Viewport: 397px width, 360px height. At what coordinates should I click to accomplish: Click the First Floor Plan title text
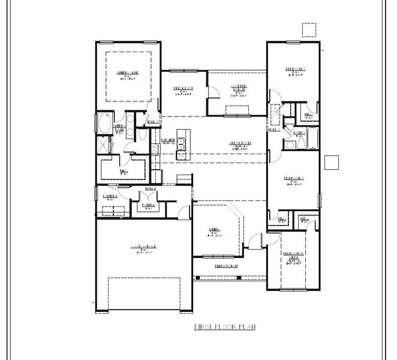224,326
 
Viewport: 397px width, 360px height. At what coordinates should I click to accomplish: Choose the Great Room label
239,145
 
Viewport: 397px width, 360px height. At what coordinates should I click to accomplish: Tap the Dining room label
215,232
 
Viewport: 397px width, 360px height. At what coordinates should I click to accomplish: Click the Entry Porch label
227,265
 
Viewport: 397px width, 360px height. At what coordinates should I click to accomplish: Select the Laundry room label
110,197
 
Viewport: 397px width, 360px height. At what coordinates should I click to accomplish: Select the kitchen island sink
181,143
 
